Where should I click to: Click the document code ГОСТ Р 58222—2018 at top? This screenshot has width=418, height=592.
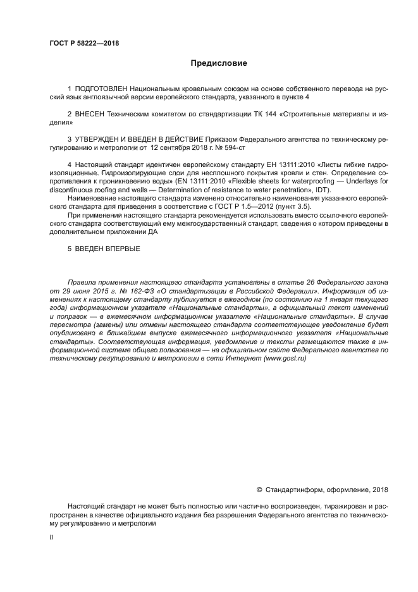(84, 44)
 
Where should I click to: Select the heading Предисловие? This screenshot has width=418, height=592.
(219, 63)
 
